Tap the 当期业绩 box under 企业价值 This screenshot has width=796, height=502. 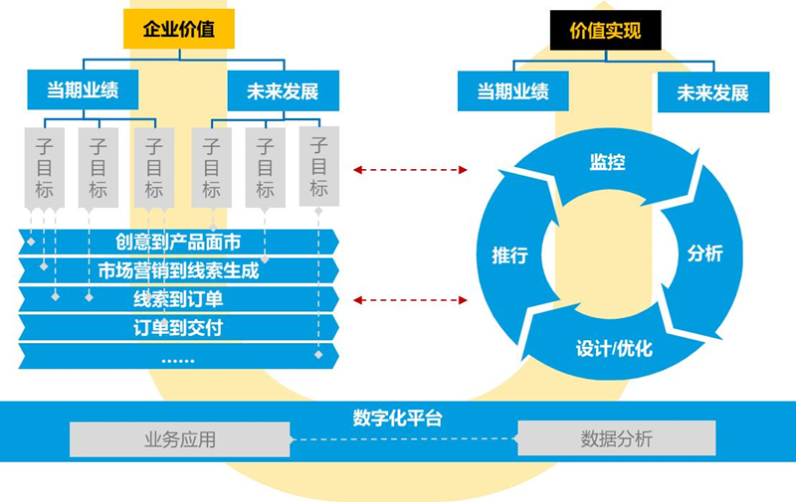pos(83,91)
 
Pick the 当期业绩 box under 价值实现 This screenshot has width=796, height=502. pos(512,92)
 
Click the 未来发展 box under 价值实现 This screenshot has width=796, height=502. pos(712,93)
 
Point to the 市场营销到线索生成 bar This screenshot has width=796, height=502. pos(179,269)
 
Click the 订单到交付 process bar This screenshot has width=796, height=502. pos(178,326)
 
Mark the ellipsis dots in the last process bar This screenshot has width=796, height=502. pos(178,357)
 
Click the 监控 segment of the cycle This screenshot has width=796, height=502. pos(608,161)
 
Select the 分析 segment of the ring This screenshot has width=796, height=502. pos(704,252)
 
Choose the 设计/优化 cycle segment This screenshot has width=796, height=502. pos(614,348)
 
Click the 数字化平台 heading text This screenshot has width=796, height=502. pos(398,418)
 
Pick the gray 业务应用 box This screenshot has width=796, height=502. pos(179,438)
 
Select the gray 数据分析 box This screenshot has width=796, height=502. pos(616,438)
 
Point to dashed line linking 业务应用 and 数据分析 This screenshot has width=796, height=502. pos(403,438)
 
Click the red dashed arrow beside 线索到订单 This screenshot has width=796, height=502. pos(410,299)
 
